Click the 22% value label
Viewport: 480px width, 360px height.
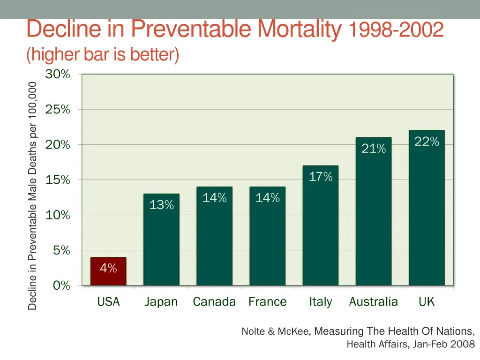427,142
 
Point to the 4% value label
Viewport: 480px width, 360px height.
108,269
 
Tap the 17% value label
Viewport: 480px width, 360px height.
321,177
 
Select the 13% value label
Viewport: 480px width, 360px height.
161,205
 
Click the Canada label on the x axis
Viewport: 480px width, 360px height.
214,302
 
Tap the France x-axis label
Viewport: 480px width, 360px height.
267,302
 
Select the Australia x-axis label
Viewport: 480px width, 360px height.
373,302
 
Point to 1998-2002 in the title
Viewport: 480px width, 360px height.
396,30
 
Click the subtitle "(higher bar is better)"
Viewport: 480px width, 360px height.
103,55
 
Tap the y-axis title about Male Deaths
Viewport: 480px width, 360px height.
32,195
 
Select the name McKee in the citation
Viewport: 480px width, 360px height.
293,332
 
